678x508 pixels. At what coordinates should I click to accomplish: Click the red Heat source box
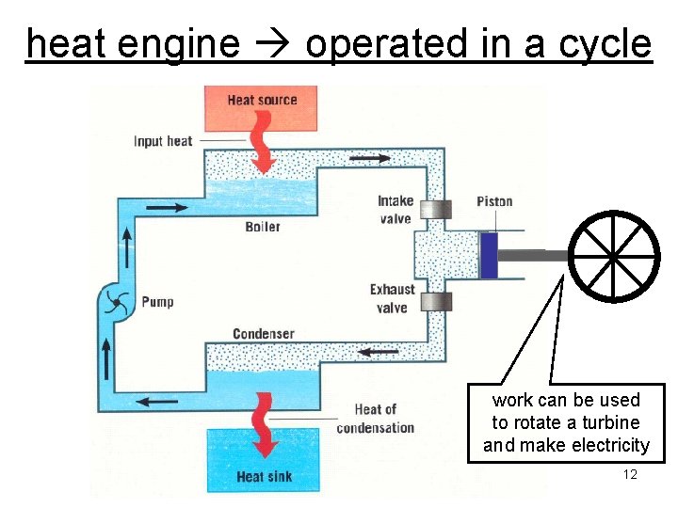point(262,107)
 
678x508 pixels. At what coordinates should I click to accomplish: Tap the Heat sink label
point(264,476)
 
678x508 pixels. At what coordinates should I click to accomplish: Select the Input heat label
point(163,141)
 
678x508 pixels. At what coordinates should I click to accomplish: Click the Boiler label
point(263,227)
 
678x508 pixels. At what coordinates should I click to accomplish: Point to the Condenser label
point(264,333)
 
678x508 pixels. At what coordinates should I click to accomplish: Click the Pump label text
point(157,302)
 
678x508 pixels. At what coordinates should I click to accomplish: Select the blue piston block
point(488,255)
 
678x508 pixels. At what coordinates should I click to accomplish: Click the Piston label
point(494,201)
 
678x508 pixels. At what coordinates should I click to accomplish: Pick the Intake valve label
point(395,210)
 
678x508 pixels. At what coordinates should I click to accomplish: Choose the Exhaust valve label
point(392,298)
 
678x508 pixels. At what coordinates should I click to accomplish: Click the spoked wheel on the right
point(612,255)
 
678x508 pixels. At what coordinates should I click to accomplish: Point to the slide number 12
point(630,474)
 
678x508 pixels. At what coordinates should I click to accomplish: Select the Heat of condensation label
point(375,419)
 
